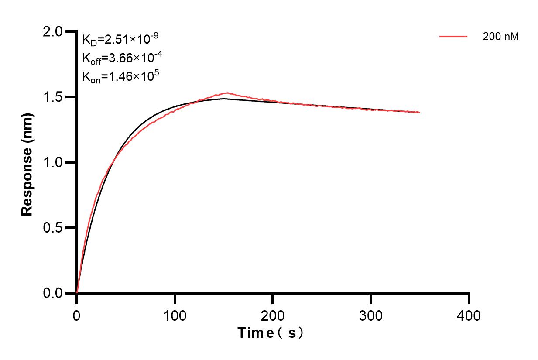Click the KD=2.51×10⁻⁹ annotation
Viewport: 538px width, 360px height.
click(120, 40)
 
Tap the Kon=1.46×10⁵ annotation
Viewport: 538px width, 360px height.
click(120, 77)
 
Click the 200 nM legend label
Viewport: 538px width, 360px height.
click(500, 37)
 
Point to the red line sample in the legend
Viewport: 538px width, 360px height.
click(453, 37)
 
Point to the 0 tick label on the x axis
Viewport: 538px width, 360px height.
click(77, 315)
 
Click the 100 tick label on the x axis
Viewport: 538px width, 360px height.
click(175, 315)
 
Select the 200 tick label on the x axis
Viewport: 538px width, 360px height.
click(273, 315)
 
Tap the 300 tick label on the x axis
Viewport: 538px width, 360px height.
click(371, 315)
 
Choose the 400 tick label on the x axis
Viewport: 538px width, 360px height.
click(469, 315)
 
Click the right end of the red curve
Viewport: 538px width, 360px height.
click(419, 112)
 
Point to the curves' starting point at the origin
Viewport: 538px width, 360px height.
click(77, 293)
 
